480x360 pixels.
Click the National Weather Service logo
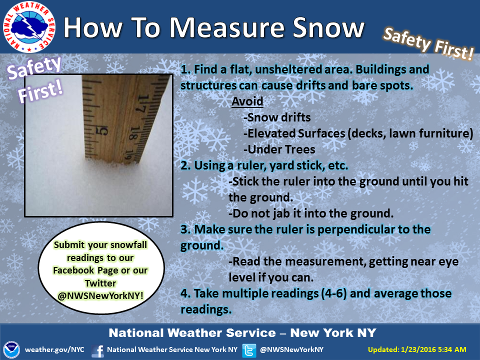coord(29,27)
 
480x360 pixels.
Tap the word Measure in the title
coord(227,27)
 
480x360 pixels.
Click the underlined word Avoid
coord(247,101)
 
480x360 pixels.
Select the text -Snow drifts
coord(277,117)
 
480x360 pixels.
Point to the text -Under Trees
coord(279,149)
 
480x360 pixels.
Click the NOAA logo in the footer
coord(11,349)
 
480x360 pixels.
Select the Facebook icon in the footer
coord(97,350)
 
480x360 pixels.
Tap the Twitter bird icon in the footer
coord(249,350)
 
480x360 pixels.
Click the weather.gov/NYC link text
coord(54,349)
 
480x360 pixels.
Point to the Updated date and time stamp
coord(417,349)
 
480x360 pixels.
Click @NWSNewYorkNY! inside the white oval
coord(100,295)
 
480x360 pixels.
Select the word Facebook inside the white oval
coord(73,270)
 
